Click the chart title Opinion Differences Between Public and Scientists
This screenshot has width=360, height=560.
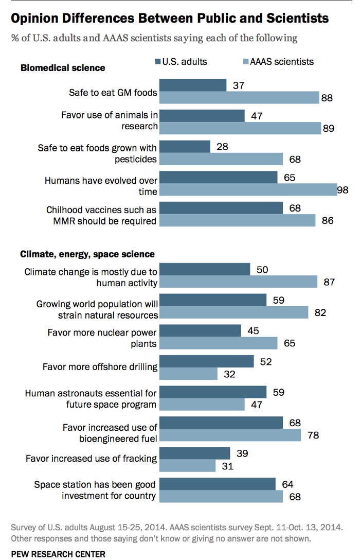coord(169,19)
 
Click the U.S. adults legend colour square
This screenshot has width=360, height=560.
coord(157,62)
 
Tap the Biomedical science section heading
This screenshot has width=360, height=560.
coord(62,68)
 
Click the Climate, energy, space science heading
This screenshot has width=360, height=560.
coord(87,254)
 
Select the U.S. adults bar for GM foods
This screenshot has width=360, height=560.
coord(193,85)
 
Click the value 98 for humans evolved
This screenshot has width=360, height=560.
coord(343,190)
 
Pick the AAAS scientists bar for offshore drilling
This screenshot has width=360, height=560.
coord(189,374)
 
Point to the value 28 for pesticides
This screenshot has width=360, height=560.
coord(222,146)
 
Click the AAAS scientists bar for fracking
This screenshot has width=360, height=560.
coord(188,466)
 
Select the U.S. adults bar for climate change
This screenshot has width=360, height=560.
coord(205,270)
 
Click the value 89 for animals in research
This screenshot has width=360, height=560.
coord(328,128)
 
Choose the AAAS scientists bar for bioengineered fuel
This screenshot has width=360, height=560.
coord(230,435)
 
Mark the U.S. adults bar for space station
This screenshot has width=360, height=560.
coord(218,484)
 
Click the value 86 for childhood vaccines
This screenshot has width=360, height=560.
coord(327,221)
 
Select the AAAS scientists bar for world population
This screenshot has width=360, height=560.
coord(233,312)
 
